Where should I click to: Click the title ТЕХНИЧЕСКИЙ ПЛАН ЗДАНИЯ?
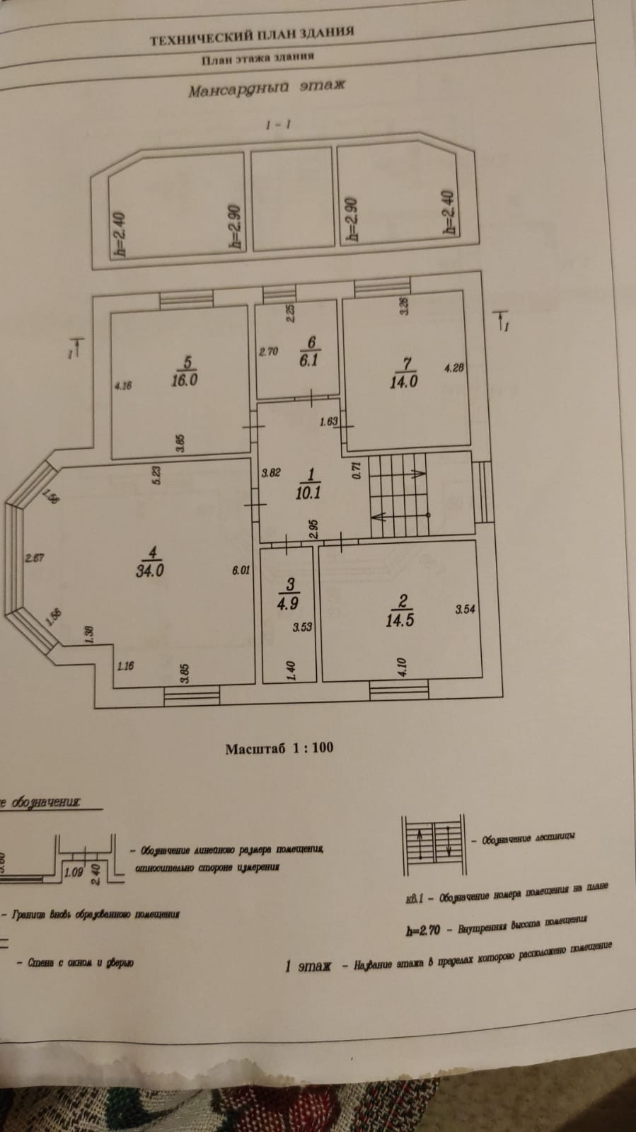[252, 36]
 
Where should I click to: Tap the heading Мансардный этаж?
[266, 88]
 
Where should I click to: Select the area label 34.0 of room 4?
[150, 570]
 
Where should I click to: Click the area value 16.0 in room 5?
[184, 379]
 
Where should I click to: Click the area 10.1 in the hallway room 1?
[308, 492]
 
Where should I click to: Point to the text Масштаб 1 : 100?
[279, 748]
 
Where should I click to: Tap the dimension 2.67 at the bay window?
[35, 558]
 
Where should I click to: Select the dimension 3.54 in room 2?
[465, 609]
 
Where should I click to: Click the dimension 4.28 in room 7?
[453, 368]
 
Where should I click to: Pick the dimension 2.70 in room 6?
[270, 350]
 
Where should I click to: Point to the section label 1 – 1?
[279, 125]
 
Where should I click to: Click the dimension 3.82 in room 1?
[272, 473]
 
